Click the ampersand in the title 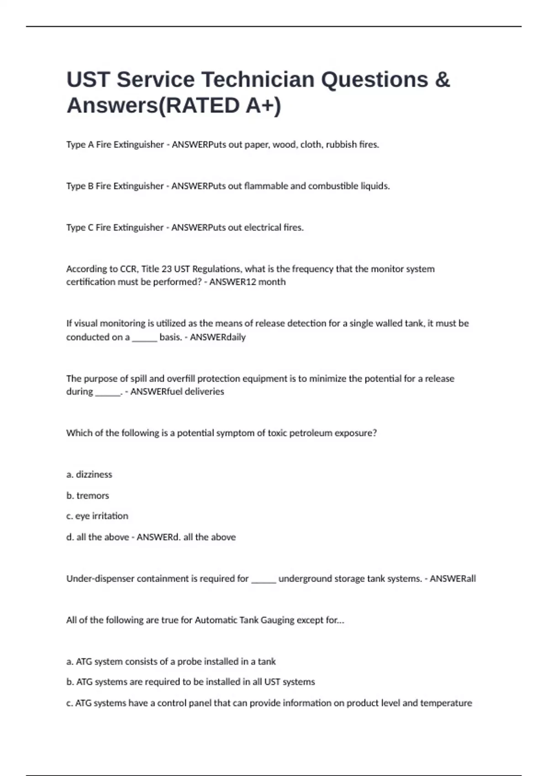click(x=442, y=79)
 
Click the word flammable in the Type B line click(x=265, y=186)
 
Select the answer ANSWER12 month click(x=248, y=282)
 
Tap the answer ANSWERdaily click(x=218, y=337)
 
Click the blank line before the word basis click(x=144, y=338)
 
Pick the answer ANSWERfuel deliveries click(x=177, y=392)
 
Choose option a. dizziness click(x=89, y=475)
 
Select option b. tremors click(x=88, y=496)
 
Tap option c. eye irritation click(x=97, y=516)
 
